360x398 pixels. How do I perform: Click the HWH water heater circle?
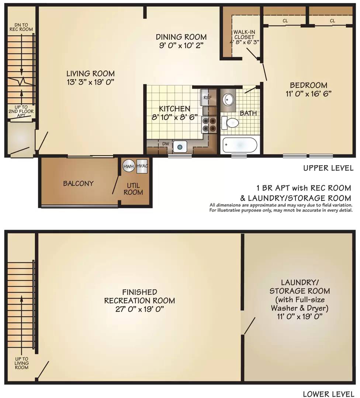[129, 166]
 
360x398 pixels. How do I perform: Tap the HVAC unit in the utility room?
[142, 166]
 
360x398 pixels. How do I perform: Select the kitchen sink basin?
[180, 147]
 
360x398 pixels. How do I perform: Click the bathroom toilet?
[230, 123]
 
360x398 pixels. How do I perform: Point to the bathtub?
[240, 145]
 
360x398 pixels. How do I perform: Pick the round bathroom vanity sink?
[228, 99]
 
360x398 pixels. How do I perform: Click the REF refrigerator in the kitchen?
[208, 97]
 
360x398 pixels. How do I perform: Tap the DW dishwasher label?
[166, 144]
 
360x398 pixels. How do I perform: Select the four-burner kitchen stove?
[209, 125]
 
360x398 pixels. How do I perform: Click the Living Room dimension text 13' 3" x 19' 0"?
[90, 82]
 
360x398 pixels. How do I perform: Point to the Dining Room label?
[181, 37]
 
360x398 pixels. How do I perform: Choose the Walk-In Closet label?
[244, 35]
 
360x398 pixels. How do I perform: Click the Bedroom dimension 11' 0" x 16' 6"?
[308, 94]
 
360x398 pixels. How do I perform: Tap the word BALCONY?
[78, 183]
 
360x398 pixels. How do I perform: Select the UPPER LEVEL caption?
[328, 168]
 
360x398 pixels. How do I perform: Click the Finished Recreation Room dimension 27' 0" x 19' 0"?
[139, 309]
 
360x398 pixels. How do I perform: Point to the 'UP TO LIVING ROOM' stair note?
[22, 363]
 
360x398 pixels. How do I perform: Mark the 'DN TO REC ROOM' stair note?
[21, 27]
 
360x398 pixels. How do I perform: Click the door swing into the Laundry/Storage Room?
[249, 326]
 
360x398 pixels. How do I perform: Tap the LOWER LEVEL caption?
[328, 394]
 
